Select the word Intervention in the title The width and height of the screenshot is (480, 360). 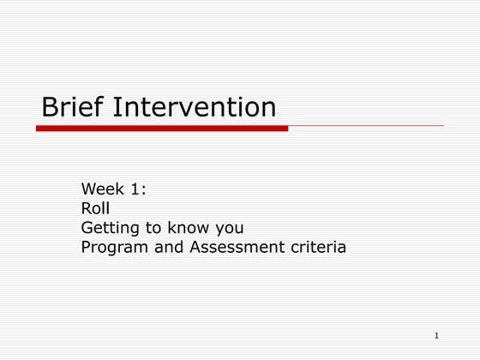click(195, 107)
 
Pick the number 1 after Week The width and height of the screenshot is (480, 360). click(138, 189)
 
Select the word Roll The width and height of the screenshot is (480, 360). click(95, 208)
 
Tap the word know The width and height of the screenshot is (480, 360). click(194, 228)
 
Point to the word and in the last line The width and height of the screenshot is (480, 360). click(168, 249)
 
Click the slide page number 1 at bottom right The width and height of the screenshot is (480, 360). click(436, 334)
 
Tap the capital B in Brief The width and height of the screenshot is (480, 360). click(50, 107)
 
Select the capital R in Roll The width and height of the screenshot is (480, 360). click(87, 208)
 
